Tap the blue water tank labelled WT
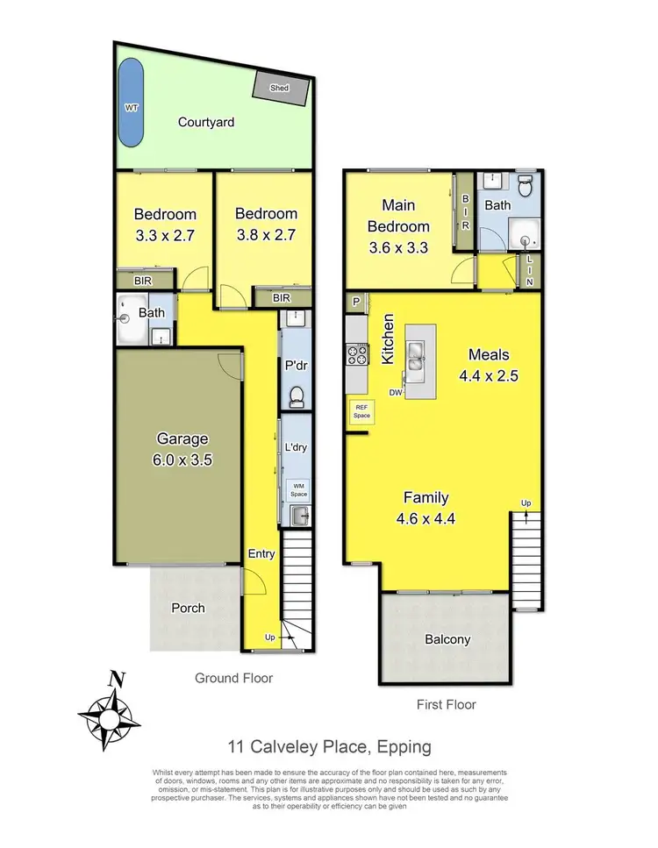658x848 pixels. click(131, 103)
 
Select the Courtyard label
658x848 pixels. click(206, 123)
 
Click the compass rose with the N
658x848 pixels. click(111, 714)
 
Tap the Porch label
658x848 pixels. click(188, 608)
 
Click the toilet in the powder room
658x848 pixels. click(296, 397)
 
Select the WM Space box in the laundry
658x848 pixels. click(298, 488)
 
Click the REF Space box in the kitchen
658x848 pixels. click(360, 411)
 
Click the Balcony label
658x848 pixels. click(448, 639)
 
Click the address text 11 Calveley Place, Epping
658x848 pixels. click(328, 747)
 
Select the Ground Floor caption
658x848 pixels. click(234, 678)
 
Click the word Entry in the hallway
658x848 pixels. click(261, 553)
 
